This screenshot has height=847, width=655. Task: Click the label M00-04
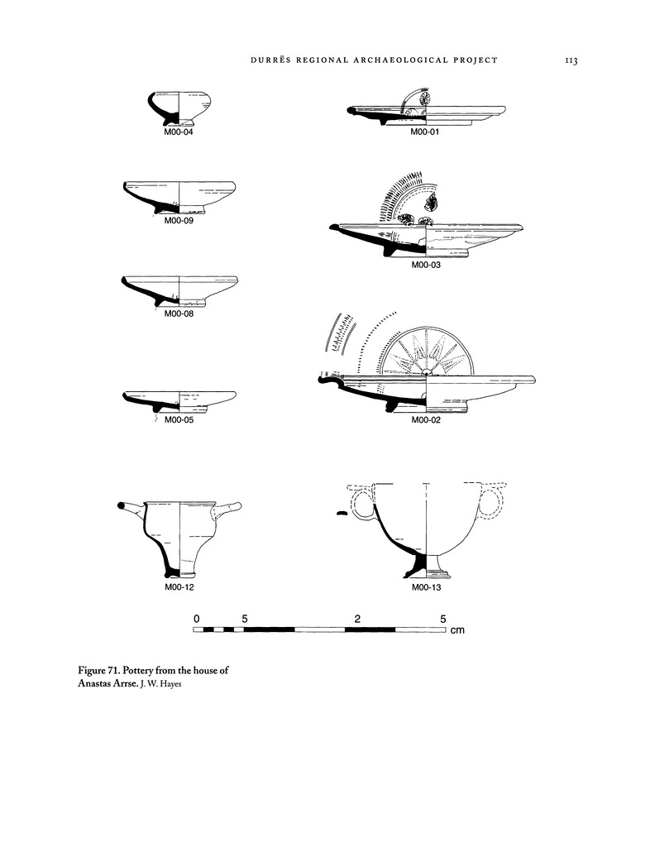coord(179,132)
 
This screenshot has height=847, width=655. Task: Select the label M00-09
coord(179,221)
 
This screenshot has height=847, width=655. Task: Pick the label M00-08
coord(179,313)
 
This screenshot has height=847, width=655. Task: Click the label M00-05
coord(179,420)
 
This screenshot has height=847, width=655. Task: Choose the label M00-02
coord(425,420)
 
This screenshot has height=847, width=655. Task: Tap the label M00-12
coord(179,587)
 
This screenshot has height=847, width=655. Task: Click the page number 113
coord(570,60)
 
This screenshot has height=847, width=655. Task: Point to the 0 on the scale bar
coord(197,619)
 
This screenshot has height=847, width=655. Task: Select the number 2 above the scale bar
coord(356,619)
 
